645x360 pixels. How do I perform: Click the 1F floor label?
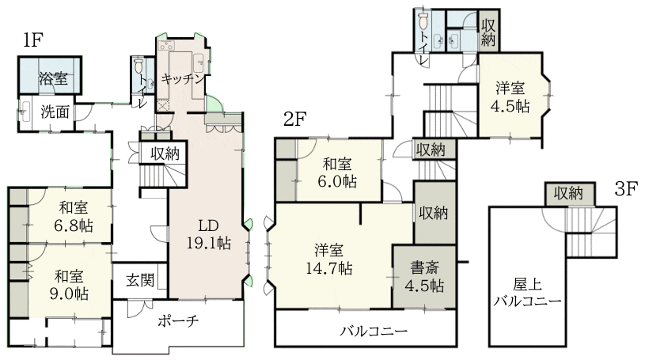point(33,40)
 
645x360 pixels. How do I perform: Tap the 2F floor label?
point(295,119)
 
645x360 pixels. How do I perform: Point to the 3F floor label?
point(626,189)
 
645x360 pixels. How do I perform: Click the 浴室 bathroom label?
point(54,78)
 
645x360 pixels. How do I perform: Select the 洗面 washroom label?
point(55,111)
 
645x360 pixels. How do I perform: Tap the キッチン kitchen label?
point(183,78)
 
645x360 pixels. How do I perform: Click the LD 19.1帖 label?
point(209,234)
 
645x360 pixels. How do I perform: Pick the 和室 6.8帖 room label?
point(74,217)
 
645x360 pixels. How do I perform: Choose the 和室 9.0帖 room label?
point(69,285)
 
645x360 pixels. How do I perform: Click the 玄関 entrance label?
point(140,280)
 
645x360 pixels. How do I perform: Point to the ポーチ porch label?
point(178,320)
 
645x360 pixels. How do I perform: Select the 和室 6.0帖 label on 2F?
point(337,172)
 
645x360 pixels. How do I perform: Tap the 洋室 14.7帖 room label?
point(328,260)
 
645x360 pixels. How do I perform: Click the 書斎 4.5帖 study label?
point(424,276)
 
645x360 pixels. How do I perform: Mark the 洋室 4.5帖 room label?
point(510,97)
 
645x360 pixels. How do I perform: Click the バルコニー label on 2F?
point(374,331)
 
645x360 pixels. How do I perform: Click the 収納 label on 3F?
point(568,193)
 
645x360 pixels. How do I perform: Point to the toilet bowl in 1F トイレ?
point(138,65)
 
